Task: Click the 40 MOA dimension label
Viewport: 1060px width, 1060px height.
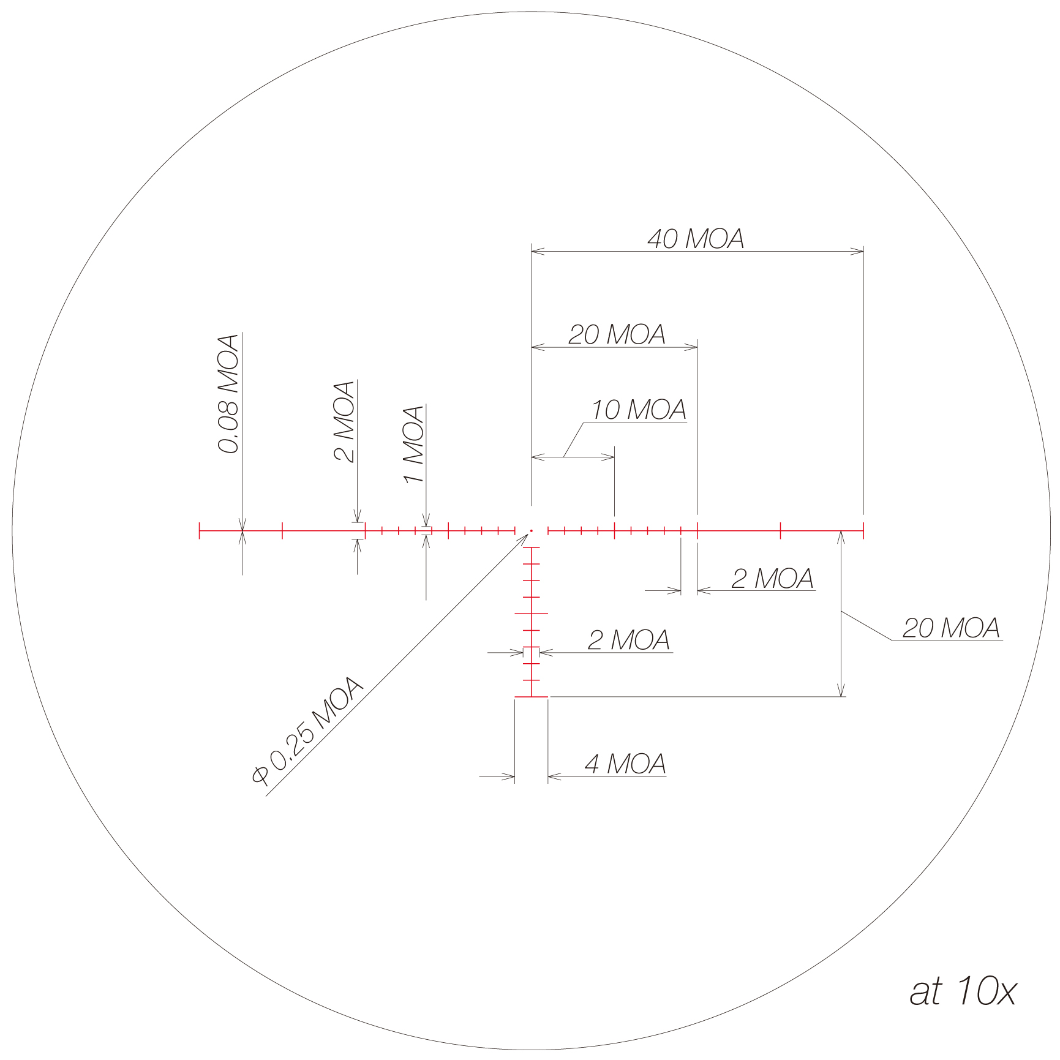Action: (x=696, y=239)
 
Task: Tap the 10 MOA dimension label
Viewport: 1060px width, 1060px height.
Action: (x=638, y=410)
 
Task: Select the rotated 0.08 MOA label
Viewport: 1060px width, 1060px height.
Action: (x=228, y=394)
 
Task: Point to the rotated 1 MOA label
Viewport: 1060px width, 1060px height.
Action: (x=414, y=444)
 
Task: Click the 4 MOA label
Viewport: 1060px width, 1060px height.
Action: (x=625, y=764)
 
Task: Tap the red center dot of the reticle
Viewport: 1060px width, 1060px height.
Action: (x=532, y=530)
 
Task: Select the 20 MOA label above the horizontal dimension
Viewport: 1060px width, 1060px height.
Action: (x=617, y=334)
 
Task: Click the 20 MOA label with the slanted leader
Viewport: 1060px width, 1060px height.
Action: (x=950, y=628)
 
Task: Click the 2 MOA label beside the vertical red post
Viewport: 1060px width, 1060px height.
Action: (x=628, y=640)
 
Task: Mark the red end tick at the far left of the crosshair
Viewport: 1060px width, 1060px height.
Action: (x=200, y=531)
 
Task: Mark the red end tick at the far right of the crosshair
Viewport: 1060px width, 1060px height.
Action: (x=863, y=531)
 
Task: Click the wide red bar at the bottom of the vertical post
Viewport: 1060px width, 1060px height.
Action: (x=531, y=697)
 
